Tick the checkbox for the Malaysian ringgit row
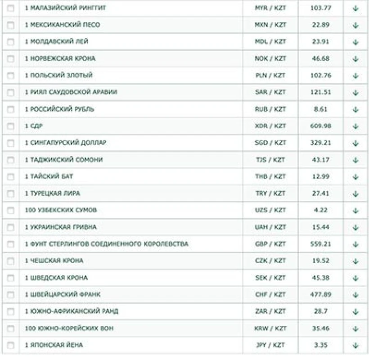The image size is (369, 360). click(11, 8)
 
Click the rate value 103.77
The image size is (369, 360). click(320, 8)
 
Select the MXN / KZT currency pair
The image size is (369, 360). click(270, 25)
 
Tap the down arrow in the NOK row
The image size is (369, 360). click(355, 58)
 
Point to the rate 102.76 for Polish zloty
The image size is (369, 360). click(320, 75)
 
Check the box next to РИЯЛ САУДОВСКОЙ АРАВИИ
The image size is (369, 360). click(11, 92)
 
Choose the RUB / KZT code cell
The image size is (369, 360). click(270, 109)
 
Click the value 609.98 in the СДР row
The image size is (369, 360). click(320, 126)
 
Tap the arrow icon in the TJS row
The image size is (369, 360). click(355, 160)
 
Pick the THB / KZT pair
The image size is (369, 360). click(270, 176)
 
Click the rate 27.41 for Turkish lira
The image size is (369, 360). click(320, 193)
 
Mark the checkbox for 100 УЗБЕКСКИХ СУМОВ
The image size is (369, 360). click(11, 210)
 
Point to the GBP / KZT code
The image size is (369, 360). click(270, 244)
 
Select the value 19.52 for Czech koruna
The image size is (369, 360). click(320, 261)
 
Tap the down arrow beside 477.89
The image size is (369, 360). click(355, 294)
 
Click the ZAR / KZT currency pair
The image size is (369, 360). click(270, 311)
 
